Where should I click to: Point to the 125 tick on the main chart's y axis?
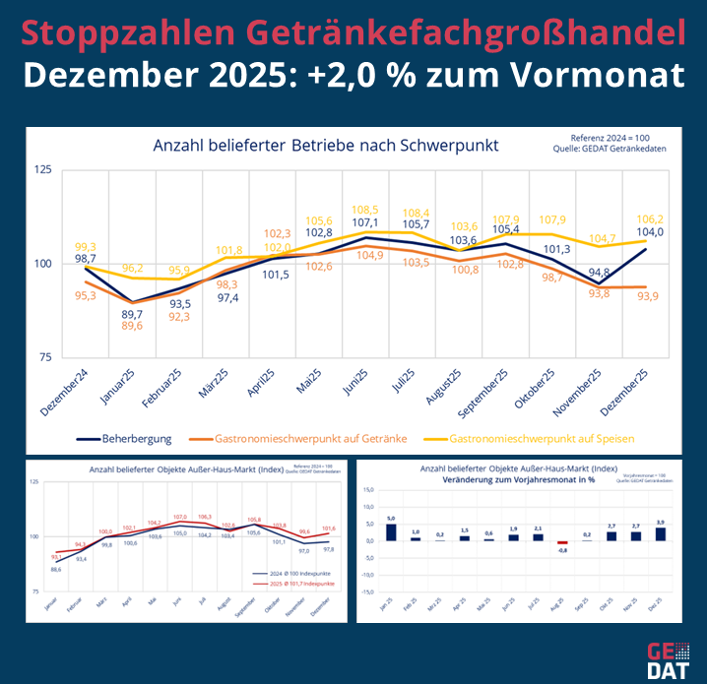click(x=42, y=170)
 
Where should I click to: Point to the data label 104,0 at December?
click(x=647, y=232)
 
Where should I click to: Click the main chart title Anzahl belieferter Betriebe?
click(x=325, y=146)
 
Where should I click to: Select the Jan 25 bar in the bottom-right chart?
click(x=391, y=531)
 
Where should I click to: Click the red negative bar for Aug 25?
click(x=562, y=542)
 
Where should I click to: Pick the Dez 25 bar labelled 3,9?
click(x=660, y=533)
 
